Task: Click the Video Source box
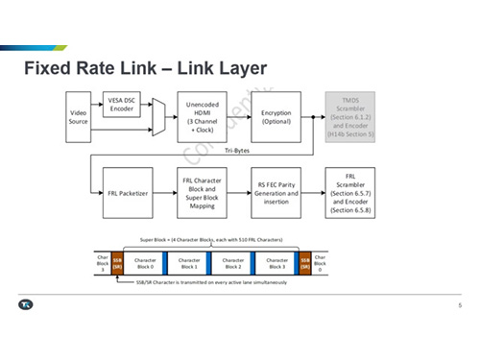point(79,116)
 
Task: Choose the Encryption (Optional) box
point(276,116)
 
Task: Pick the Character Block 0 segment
point(145,261)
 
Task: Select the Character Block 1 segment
point(189,261)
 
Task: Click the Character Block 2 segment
point(232,261)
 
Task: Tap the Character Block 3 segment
point(276,261)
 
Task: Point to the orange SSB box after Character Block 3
point(305,261)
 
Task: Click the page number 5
point(459,305)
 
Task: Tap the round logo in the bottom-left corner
point(27,305)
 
